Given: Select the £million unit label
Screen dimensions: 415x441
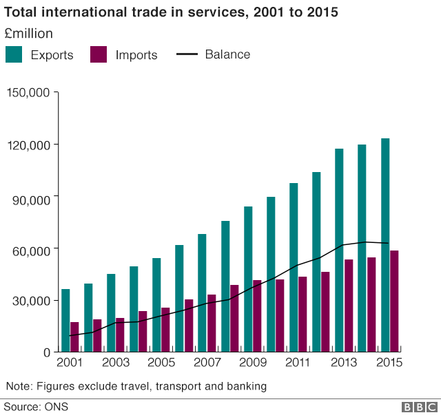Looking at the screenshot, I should pyautogui.click(x=29, y=34).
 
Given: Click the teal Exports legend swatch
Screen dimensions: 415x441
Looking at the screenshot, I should pyautogui.click(x=14, y=54).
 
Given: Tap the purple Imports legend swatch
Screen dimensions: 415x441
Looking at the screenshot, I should pyautogui.click(x=99, y=54).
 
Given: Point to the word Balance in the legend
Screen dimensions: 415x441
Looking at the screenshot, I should pyautogui.click(x=227, y=54).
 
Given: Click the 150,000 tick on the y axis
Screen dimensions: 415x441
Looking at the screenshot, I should pyautogui.click(x=28, y=93).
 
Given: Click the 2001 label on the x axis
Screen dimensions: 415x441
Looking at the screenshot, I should pyautogui.click(x=70, y=362).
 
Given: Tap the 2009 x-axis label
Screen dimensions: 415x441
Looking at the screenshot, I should pyautogui.click(x=252, y=362).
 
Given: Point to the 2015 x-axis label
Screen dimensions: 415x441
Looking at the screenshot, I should pyautogui.click(x=389, y=362).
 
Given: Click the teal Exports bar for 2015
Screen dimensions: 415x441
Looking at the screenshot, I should pyautogui.click(x=385, y=245).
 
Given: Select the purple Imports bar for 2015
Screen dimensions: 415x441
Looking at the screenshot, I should pyautogui.click(x=394, y=301).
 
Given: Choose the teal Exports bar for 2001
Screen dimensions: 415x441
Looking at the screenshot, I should pyautogui.click(x=65, y=320).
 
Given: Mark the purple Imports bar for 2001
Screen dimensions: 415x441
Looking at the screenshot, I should pyautogui.click(x=74, y=337).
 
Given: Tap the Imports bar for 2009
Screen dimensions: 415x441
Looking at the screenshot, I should pyautogui.click(x=257, y=316).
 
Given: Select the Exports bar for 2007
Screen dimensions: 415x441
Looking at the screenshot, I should pyautogui.click(x=202, y=292).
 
